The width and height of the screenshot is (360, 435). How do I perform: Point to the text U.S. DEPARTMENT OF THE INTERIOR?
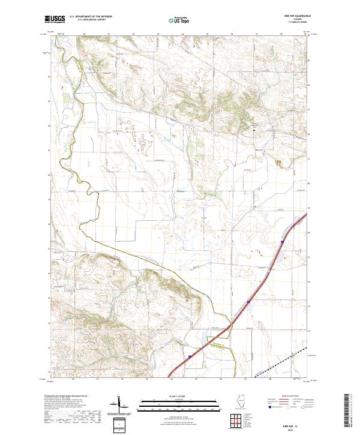click(91, 17)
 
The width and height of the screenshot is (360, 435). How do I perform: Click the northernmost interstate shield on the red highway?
click(281, 242)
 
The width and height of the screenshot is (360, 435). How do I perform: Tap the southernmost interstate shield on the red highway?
click(189, 357)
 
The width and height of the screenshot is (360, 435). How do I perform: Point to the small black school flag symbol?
click(254, 128)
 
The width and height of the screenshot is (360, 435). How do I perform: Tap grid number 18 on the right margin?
click(309, 232)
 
